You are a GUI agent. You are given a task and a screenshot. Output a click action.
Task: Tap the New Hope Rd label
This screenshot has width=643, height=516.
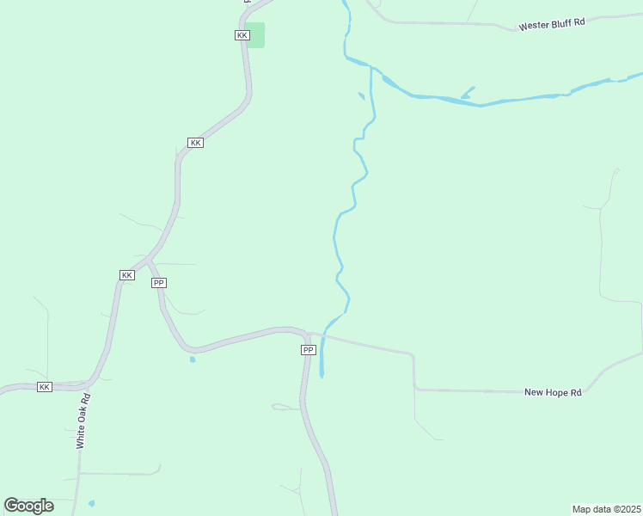pyautogui.click(x=553, y=392)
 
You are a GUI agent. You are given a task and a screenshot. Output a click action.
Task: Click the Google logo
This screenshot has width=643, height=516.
pyautogui.click(x=28, y=506)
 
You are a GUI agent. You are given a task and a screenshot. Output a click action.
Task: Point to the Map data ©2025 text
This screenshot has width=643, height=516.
pyautogui.click(x=607, y=509)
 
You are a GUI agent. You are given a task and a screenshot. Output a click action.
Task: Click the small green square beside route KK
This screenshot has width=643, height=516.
pyautogui.click(x=255, y=35)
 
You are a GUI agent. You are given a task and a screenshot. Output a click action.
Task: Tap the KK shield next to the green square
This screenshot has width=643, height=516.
pyautogui.click(x=242, y=35)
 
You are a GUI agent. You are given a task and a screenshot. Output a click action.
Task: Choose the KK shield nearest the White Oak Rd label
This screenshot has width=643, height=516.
pyautogui.click(x=45, y=387)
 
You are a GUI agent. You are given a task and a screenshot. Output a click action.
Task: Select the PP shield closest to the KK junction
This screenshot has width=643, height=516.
pyautogui.click(x=158, y=283)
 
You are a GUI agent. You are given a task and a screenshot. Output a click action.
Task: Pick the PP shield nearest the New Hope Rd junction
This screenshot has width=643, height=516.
pyautogui.click(x=309, y=350)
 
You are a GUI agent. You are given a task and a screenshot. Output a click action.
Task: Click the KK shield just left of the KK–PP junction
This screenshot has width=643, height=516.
pyautogui.click(x=126, y=274)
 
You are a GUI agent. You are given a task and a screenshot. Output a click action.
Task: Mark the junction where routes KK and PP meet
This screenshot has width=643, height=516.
pyautogui.click(x=148, y=259)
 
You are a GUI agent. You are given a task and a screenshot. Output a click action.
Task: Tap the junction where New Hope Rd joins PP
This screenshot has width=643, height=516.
pyautogui.click(x=309, y=334)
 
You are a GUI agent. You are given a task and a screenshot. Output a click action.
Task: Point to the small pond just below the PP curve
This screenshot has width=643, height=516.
pyautogui.click(x=193, y=359)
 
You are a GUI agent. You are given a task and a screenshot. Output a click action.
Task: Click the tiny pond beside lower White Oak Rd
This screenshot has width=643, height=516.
pyautogui.click(x=92, y=503)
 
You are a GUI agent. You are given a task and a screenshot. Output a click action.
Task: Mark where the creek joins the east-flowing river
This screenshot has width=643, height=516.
pyautogui.click(x=371, y=67)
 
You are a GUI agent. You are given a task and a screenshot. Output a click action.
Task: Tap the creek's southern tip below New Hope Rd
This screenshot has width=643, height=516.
pyautogui.click(x=321, y=376)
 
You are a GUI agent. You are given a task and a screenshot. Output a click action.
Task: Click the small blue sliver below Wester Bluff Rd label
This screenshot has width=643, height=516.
pyautogui.click(x=468, y=92)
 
